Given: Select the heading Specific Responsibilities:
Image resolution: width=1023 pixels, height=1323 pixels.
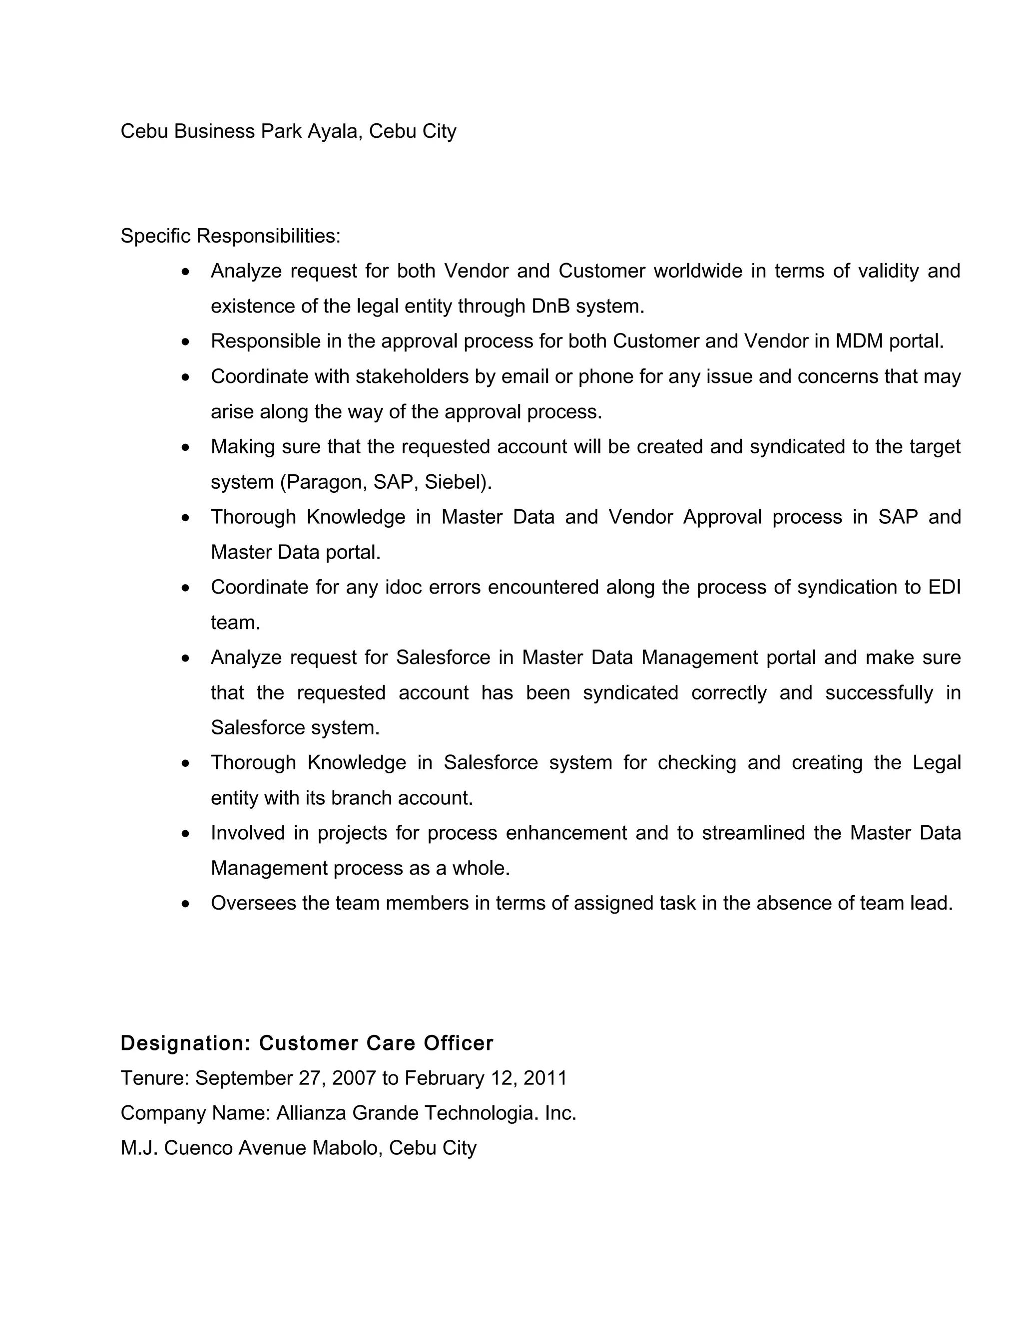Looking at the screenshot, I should pos(230,236).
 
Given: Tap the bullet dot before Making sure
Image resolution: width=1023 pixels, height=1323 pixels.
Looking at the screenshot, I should pos(185,448).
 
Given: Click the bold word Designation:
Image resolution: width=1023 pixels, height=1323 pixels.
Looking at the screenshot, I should pos(185,1044).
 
